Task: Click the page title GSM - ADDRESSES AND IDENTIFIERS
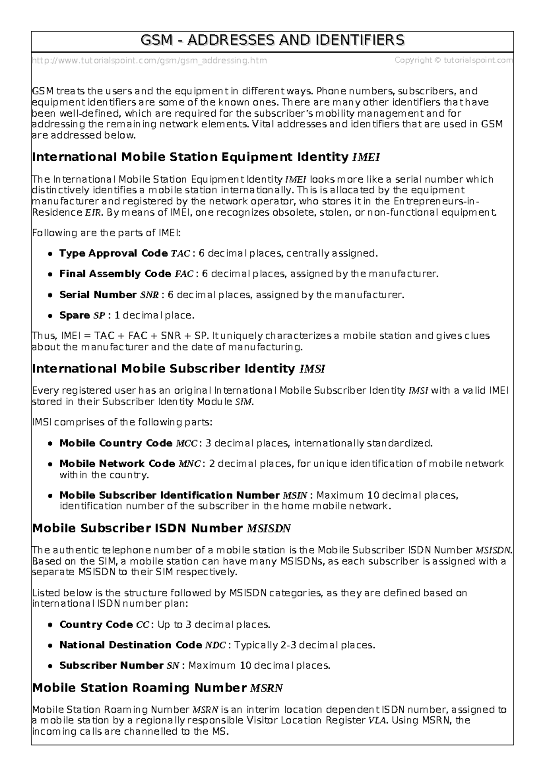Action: (272, 40)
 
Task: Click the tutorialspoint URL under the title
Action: (149, 60)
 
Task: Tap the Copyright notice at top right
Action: (453, 60)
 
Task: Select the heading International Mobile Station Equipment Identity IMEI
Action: (206, 158)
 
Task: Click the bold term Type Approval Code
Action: (113, 253)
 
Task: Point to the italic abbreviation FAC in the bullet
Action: (183, 274)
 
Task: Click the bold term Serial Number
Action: (98, 295)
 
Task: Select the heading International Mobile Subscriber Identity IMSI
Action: (178, 369)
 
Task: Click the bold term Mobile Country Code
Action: (116, 443)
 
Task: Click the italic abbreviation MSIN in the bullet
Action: (295, 496)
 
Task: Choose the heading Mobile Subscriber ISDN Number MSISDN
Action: (161, 529)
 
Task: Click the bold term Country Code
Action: (96, 625)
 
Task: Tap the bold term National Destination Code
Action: (130, 645)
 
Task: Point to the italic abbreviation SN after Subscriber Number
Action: (173, 666)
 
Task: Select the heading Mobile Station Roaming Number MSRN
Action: (157, 688)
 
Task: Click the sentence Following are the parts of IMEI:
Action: (106, 233)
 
